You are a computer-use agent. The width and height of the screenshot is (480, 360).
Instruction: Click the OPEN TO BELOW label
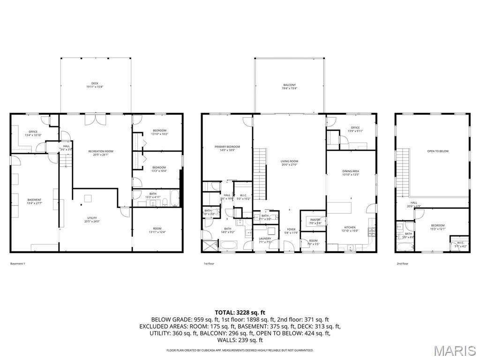438,151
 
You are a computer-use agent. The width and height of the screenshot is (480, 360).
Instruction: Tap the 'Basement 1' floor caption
18,263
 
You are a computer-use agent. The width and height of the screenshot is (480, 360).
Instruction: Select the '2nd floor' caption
402,263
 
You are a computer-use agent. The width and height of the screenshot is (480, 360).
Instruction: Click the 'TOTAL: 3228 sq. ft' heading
240,312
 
